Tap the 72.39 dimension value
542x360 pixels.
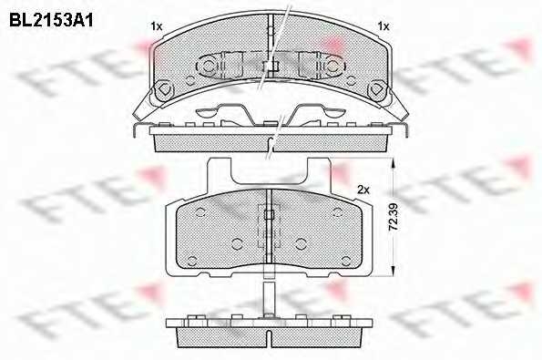tap(393, 217)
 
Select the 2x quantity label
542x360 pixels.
tap(363, 190)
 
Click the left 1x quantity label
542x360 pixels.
tap(156, 27)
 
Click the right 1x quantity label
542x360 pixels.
tap(383, 27)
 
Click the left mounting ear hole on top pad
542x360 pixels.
tap(165, 90)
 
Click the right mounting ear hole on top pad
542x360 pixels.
tap(376, 90)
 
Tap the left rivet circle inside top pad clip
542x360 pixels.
tap(212, 67)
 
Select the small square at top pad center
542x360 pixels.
tap(269, 66)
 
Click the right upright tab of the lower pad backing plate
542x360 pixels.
tap(320, 173)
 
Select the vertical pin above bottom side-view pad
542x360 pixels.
tap(268, 297)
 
